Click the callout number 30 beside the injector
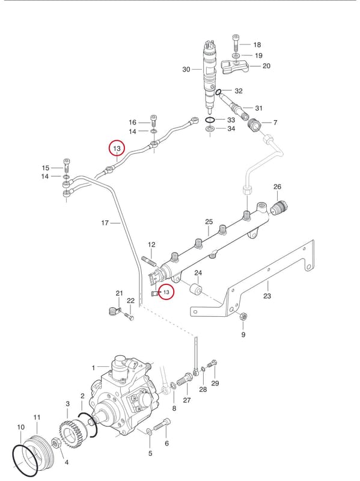pyautogui.click(x=186, y=69)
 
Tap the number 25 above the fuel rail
pyautogui.click(x=209, y=222)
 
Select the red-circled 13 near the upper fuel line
pyautogui.click(x=117, y=149)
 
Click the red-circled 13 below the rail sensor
pyautogui.click(x=166, y=292)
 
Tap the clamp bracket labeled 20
pyautogui.click(x=235, y=67)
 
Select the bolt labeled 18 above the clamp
pyautogui.click(x=236, y=43)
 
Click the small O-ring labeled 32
pyautogui.click(x=218, y=92)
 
